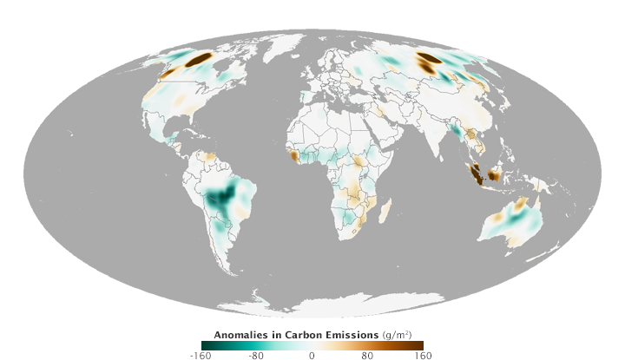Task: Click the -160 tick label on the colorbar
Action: click(201, 355)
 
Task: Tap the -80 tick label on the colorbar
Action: click(256, 355)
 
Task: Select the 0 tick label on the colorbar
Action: click(312, 355)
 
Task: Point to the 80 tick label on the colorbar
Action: click(367, 355)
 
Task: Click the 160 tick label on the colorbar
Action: click(423, 355)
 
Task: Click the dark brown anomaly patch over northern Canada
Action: click(199, 59)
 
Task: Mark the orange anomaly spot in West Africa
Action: click(296, 156)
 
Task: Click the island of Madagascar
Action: click(387, 208)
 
